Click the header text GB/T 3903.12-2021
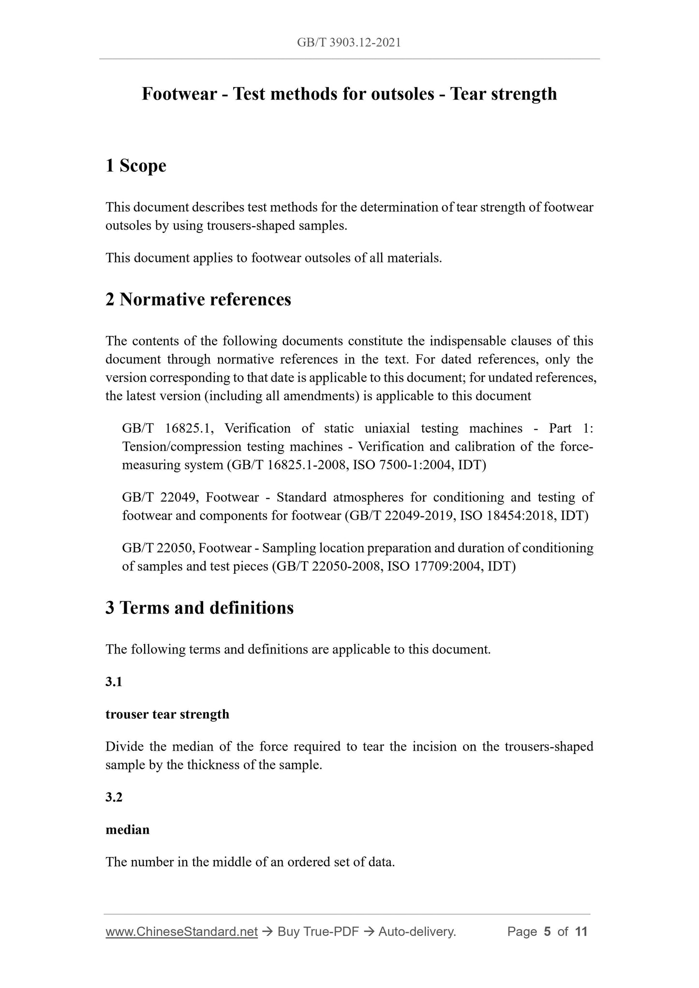point(349,43)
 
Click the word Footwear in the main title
point(179,94)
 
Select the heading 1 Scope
point(136,166)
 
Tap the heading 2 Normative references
point(198,300)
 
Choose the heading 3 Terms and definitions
point(199,608)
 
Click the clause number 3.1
point(114,682)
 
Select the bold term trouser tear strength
point(167,714)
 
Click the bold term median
point(128,829)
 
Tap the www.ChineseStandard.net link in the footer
point(181,932)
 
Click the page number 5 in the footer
point(547,932)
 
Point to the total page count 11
point(581,932)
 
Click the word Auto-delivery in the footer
point(416,932)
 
